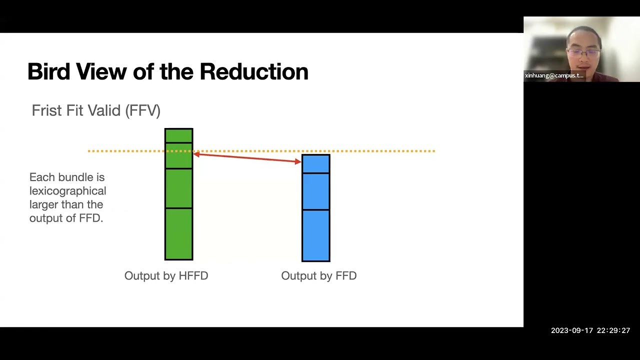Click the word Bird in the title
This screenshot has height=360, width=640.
coord(48,72)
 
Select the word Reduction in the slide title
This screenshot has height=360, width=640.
coord(253,72)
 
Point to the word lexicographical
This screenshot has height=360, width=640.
coord(67,191)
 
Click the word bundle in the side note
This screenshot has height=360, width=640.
coord(75,177)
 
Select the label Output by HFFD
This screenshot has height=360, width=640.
coord(166,276)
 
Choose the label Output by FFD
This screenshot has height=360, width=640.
coord(318,276)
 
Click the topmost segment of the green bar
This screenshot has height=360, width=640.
coord(178,135)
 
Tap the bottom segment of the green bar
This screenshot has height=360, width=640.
coord(178,233)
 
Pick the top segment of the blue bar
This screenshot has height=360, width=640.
coord(315,164)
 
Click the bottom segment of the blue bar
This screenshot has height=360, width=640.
coord(315,235)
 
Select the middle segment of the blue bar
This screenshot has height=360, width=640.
coord(315,191)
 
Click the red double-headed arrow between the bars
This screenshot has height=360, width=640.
coord(247,158)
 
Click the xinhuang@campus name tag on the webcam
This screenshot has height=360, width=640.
coord(554,75)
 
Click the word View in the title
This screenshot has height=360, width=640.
coord(102,72)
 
